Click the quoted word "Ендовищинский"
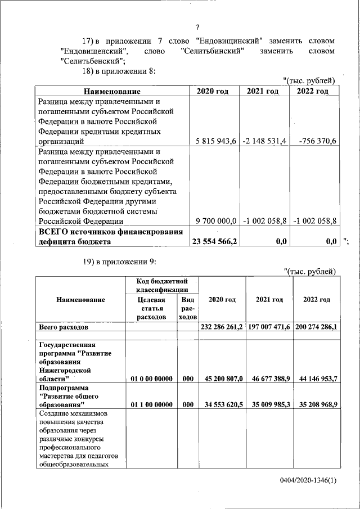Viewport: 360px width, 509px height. click(x=231, y=41)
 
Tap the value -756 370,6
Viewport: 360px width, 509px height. click(x=317, y=141)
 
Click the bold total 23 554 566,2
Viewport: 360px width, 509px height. click(x=214, y=241)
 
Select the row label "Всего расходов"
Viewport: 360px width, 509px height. click(x=63, y=326)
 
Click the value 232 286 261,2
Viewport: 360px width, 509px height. click(x=221, y=326)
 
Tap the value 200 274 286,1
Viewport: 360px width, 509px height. click(x=316, y=326)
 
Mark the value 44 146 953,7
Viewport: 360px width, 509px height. click(x=316, y=379)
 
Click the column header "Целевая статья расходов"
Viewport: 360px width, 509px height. click(x=151, y=308)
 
